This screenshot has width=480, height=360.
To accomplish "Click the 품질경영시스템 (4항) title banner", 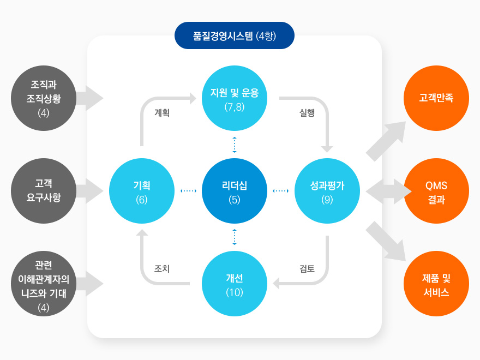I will pos(235,37).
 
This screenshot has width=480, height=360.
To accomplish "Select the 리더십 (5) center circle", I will pos(235,191).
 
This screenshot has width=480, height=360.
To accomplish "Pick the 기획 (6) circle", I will pos(142,191).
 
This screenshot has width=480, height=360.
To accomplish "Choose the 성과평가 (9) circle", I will pos(327,191).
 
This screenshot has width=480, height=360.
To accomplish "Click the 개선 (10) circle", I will pos(235,284).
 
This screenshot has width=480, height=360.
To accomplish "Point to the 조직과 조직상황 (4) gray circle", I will pos(44,98).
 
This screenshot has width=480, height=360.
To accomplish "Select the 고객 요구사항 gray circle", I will pos(44,191).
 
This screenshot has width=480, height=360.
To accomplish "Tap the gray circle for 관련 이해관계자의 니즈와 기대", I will pos(44,284).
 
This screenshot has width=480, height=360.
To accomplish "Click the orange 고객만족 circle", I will pos(436,98).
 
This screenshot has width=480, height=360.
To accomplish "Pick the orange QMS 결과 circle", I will pos(436,191).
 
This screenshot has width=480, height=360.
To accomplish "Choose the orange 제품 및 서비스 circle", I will pos(436,284).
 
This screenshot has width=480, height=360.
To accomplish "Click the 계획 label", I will pos(162,113).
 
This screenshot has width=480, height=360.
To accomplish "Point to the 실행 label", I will pos(307,113).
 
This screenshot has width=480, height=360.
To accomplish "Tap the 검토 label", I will pos(307,268).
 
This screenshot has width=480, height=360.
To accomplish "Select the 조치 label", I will pos(162,268).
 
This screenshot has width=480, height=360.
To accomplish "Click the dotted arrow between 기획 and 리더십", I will pos(188,191).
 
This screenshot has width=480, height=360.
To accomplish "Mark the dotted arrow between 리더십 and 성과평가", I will pos(280,191).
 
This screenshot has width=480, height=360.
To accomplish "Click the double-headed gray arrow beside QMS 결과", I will pos(388,191).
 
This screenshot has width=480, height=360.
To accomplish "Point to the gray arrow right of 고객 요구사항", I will pos(90,191).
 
